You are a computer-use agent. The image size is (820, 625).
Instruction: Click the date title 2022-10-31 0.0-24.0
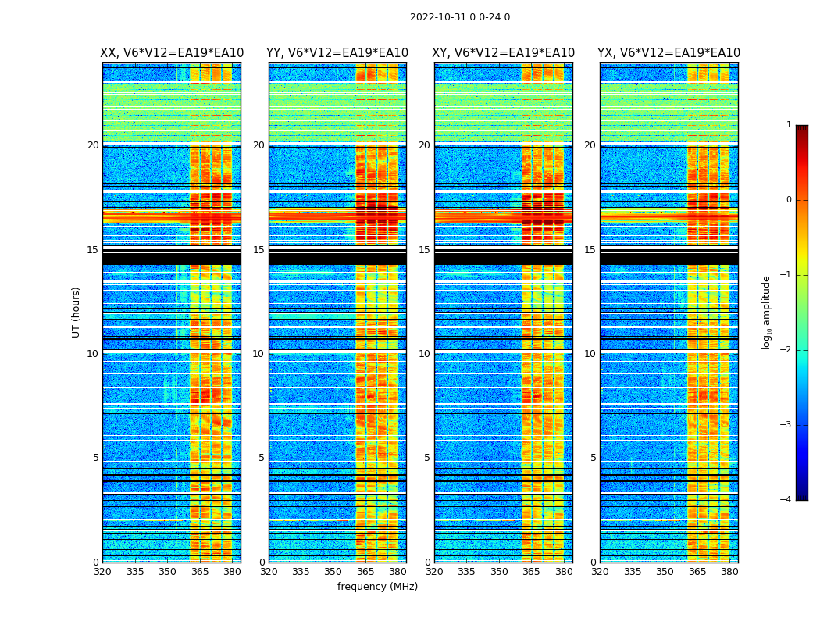460,17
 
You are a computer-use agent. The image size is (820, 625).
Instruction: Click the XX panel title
172,53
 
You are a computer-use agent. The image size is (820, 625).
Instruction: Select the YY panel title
337,53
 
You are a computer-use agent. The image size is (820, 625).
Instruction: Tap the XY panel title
503,53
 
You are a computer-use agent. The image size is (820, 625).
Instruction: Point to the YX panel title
668,53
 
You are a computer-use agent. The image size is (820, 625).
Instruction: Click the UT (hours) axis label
77,312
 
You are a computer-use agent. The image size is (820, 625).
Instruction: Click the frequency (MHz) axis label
377,587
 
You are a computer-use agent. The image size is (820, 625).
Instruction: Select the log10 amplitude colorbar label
767,312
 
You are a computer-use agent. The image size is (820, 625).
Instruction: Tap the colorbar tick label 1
789,125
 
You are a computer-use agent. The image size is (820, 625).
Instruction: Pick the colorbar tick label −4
786,500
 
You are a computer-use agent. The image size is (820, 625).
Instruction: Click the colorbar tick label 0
789,200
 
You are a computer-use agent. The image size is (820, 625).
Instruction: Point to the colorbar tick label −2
786,350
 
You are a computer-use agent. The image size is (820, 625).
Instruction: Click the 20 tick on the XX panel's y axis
93,145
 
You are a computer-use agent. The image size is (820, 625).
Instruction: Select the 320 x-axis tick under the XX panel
103,572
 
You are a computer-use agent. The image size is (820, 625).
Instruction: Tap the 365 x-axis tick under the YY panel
365,572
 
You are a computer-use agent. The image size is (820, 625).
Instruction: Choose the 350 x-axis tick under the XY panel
499,572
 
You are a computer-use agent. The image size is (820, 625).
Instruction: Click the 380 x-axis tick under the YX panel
729,572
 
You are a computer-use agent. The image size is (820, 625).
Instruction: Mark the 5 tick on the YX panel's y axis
593,458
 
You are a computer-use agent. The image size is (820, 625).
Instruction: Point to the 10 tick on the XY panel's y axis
424,354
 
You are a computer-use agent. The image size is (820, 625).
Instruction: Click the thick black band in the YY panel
337,257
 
